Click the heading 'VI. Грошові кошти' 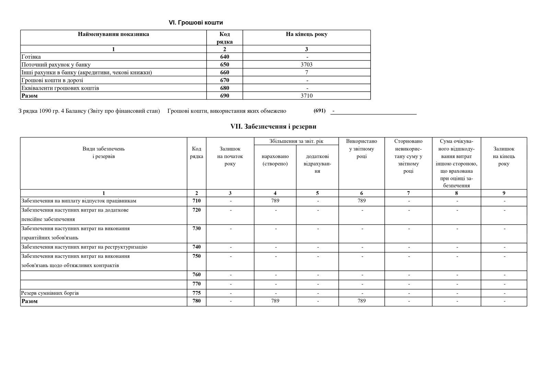click(196, 23)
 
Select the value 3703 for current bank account click(306, 64)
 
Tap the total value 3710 click(306, 96)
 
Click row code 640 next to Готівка click(224, 57)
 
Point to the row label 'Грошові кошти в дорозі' click(52, 80)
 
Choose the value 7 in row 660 click(306, 72)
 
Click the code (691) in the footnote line click(319, 111)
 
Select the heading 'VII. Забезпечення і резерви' click(273, 126)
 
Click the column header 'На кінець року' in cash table click(306, 34)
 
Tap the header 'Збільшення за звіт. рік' click(296, 141)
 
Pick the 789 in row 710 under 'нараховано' click(275, 201)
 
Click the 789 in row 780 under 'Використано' click(361, 301)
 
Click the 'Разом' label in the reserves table click(30, 301)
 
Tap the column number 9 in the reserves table click(504, 193)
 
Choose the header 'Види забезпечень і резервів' click(103, 153)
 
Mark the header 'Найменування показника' click(113, 34)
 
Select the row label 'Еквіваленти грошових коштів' click(60, 88)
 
